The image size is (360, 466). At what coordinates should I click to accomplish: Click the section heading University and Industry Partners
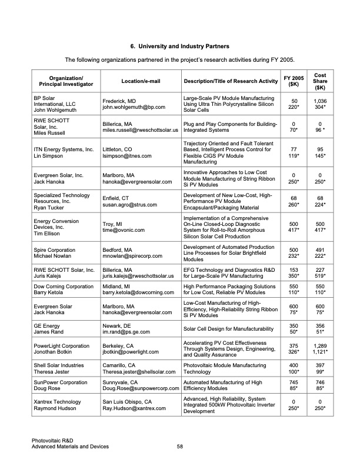pyautogui.click(x=179, y=46)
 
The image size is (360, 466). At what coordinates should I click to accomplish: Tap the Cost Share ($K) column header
pyautogui.click(x=320, y=81)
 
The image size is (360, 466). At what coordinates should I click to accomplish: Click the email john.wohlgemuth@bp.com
pyautogui.click(x=134, y=108)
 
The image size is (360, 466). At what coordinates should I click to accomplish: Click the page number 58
pyautogui.click(x=181, y=447)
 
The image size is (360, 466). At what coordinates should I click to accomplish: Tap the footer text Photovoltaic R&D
pyautogui.click(x=54, y=441)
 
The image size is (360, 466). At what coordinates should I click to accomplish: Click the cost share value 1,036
pyautogui.click(x=320, y=101)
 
